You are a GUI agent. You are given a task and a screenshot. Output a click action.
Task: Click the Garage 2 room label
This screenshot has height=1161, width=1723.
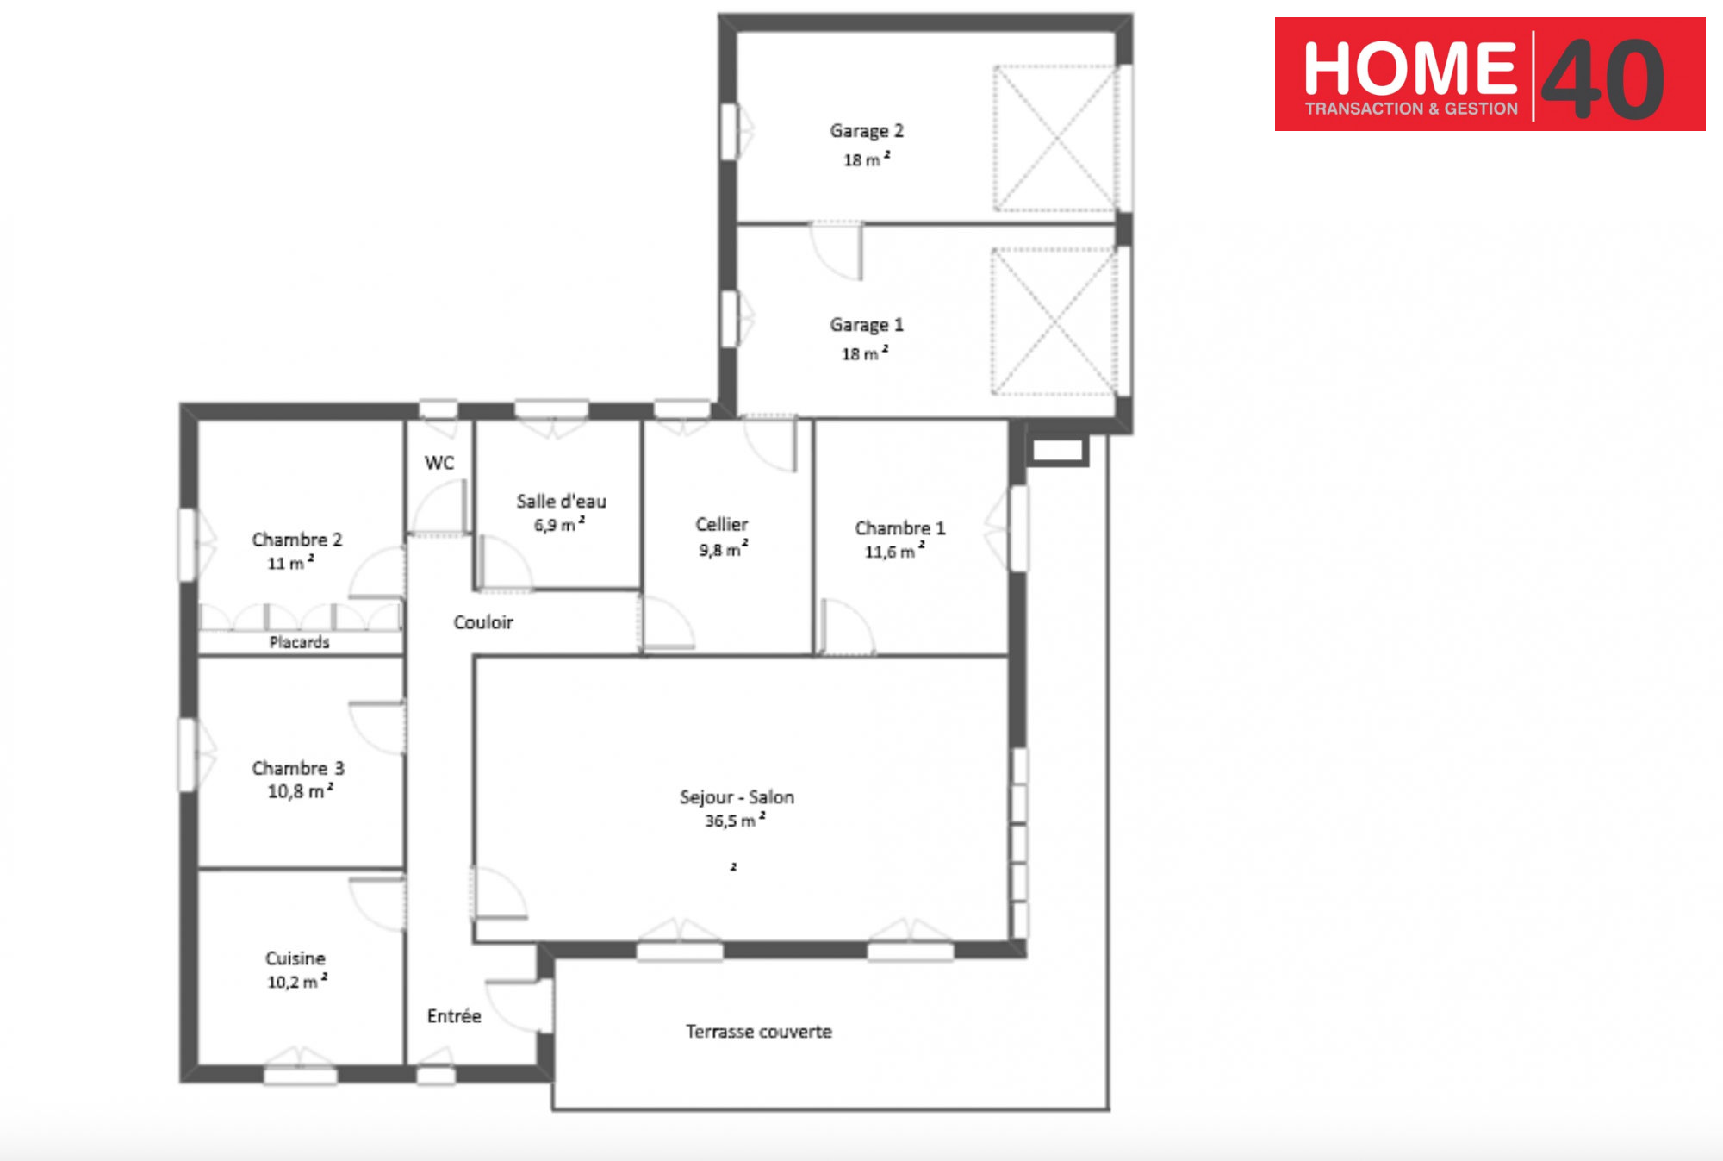coord(867,131)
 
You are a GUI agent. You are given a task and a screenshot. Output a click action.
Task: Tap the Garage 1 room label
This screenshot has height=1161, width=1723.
coord(867,325)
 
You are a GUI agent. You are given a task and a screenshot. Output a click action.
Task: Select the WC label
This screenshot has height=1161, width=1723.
coord(439,463)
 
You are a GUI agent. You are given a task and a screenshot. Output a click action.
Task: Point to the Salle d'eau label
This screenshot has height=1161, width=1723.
coord(562,501)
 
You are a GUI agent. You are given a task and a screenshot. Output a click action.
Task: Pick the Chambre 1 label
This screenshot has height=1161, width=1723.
coord(900,527)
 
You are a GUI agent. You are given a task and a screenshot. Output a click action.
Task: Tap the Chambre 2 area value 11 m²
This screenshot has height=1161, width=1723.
coord(290,563)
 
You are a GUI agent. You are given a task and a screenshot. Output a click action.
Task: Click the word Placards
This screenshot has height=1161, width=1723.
coord(299,642)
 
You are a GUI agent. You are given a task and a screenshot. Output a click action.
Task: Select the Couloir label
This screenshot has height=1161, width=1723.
coord(483,622)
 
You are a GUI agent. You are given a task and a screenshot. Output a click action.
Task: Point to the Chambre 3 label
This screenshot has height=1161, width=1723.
coord(298,768)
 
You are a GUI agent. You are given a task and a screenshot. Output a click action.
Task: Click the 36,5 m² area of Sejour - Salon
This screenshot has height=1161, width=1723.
coord(735,821)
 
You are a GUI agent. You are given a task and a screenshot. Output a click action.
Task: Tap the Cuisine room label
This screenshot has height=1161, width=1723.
coord(295,958)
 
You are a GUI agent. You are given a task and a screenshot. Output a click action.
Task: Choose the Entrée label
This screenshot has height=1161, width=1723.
coord(454,1016)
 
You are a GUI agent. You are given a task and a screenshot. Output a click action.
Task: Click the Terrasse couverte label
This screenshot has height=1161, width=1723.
coord(759,1032)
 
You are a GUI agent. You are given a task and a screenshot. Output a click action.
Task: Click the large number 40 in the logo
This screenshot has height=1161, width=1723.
coord(1602,79)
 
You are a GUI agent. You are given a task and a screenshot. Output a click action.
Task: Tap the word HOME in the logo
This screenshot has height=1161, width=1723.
coord(1410,69)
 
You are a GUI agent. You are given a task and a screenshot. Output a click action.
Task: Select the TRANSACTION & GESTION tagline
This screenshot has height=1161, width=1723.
coord(1411,109)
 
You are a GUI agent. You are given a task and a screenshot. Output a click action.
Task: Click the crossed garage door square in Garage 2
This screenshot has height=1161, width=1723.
coord(1055,138)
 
